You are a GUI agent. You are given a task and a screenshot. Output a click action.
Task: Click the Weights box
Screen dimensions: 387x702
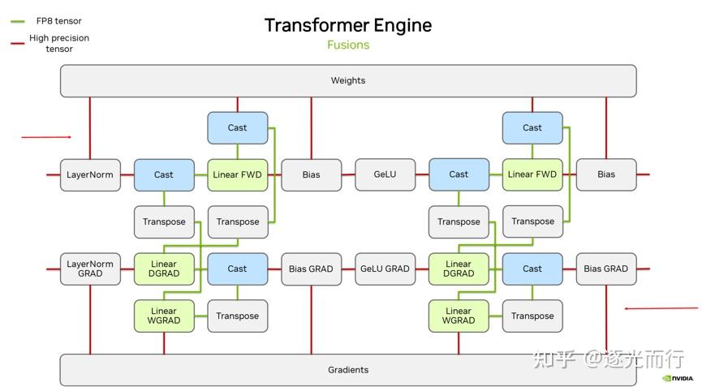point(348,81)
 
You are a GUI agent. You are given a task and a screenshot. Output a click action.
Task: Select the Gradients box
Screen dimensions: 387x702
point(348,370)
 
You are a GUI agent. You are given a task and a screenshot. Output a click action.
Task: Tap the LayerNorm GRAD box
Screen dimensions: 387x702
point(90,269)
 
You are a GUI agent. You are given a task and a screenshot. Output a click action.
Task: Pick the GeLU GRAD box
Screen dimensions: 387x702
point(385,269)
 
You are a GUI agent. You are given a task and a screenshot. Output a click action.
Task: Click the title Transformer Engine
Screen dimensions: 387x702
point(348,25)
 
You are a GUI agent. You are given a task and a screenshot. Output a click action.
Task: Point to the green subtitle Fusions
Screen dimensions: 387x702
point(348,45)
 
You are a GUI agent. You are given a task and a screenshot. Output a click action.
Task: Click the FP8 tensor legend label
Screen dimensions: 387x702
point(59,21)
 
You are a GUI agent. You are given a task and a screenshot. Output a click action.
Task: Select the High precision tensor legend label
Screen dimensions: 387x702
point(59,43)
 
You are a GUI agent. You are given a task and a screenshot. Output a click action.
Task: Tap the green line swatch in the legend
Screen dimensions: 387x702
point(17,21)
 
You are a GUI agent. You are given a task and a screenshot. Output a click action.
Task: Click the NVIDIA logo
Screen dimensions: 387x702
point(678,378)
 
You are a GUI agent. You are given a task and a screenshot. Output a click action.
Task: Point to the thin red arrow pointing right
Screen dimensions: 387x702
point(46,137)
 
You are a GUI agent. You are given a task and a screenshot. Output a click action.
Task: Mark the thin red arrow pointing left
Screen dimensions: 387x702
point(661,308)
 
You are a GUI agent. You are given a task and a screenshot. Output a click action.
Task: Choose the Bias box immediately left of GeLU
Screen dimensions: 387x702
point(311,174)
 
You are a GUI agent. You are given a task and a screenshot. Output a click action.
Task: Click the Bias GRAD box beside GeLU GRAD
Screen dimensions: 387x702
point(311,269)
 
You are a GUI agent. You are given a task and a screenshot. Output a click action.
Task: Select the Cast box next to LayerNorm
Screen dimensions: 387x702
point(164,174)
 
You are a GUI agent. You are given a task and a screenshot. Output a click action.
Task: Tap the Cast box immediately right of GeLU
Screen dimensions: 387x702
point(459,174)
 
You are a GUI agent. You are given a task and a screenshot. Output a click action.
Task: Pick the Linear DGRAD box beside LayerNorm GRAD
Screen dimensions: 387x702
point(164,269)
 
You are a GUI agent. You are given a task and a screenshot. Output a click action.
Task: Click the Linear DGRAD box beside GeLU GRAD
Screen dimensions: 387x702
point(459,269)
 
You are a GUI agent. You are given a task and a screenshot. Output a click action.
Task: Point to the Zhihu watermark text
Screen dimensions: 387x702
point(608,359)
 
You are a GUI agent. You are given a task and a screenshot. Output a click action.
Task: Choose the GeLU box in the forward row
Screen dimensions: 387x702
point(385,174)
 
